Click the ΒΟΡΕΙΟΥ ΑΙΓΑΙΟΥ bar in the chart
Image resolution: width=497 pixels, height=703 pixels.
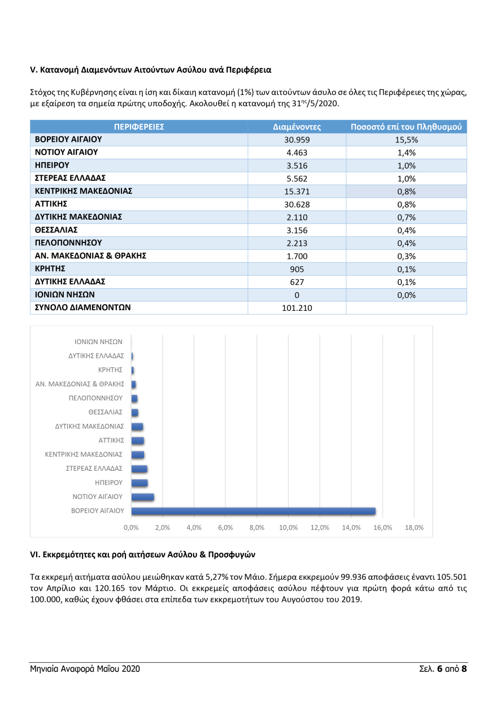253,511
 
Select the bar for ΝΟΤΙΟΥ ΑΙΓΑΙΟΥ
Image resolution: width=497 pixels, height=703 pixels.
142,497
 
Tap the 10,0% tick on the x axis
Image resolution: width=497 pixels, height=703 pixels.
288,527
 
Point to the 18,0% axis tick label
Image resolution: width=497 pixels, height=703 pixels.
414,527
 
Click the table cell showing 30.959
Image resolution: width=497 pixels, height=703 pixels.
297,140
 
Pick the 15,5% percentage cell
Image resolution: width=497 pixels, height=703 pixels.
406,140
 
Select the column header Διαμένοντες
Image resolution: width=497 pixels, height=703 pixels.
297,127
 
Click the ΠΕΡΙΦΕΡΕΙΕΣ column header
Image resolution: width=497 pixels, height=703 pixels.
139,127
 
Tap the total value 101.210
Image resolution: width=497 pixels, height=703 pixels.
297,308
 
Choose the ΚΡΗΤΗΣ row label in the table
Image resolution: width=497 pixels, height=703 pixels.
50,268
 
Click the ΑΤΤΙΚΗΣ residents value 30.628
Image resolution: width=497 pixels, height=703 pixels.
297,205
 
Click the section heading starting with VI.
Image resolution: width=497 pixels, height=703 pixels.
146,555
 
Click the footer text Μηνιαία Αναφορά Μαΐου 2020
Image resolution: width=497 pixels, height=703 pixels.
85,669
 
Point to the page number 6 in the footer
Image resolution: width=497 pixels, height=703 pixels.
439,669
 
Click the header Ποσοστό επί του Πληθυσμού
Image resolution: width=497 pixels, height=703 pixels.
406,127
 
